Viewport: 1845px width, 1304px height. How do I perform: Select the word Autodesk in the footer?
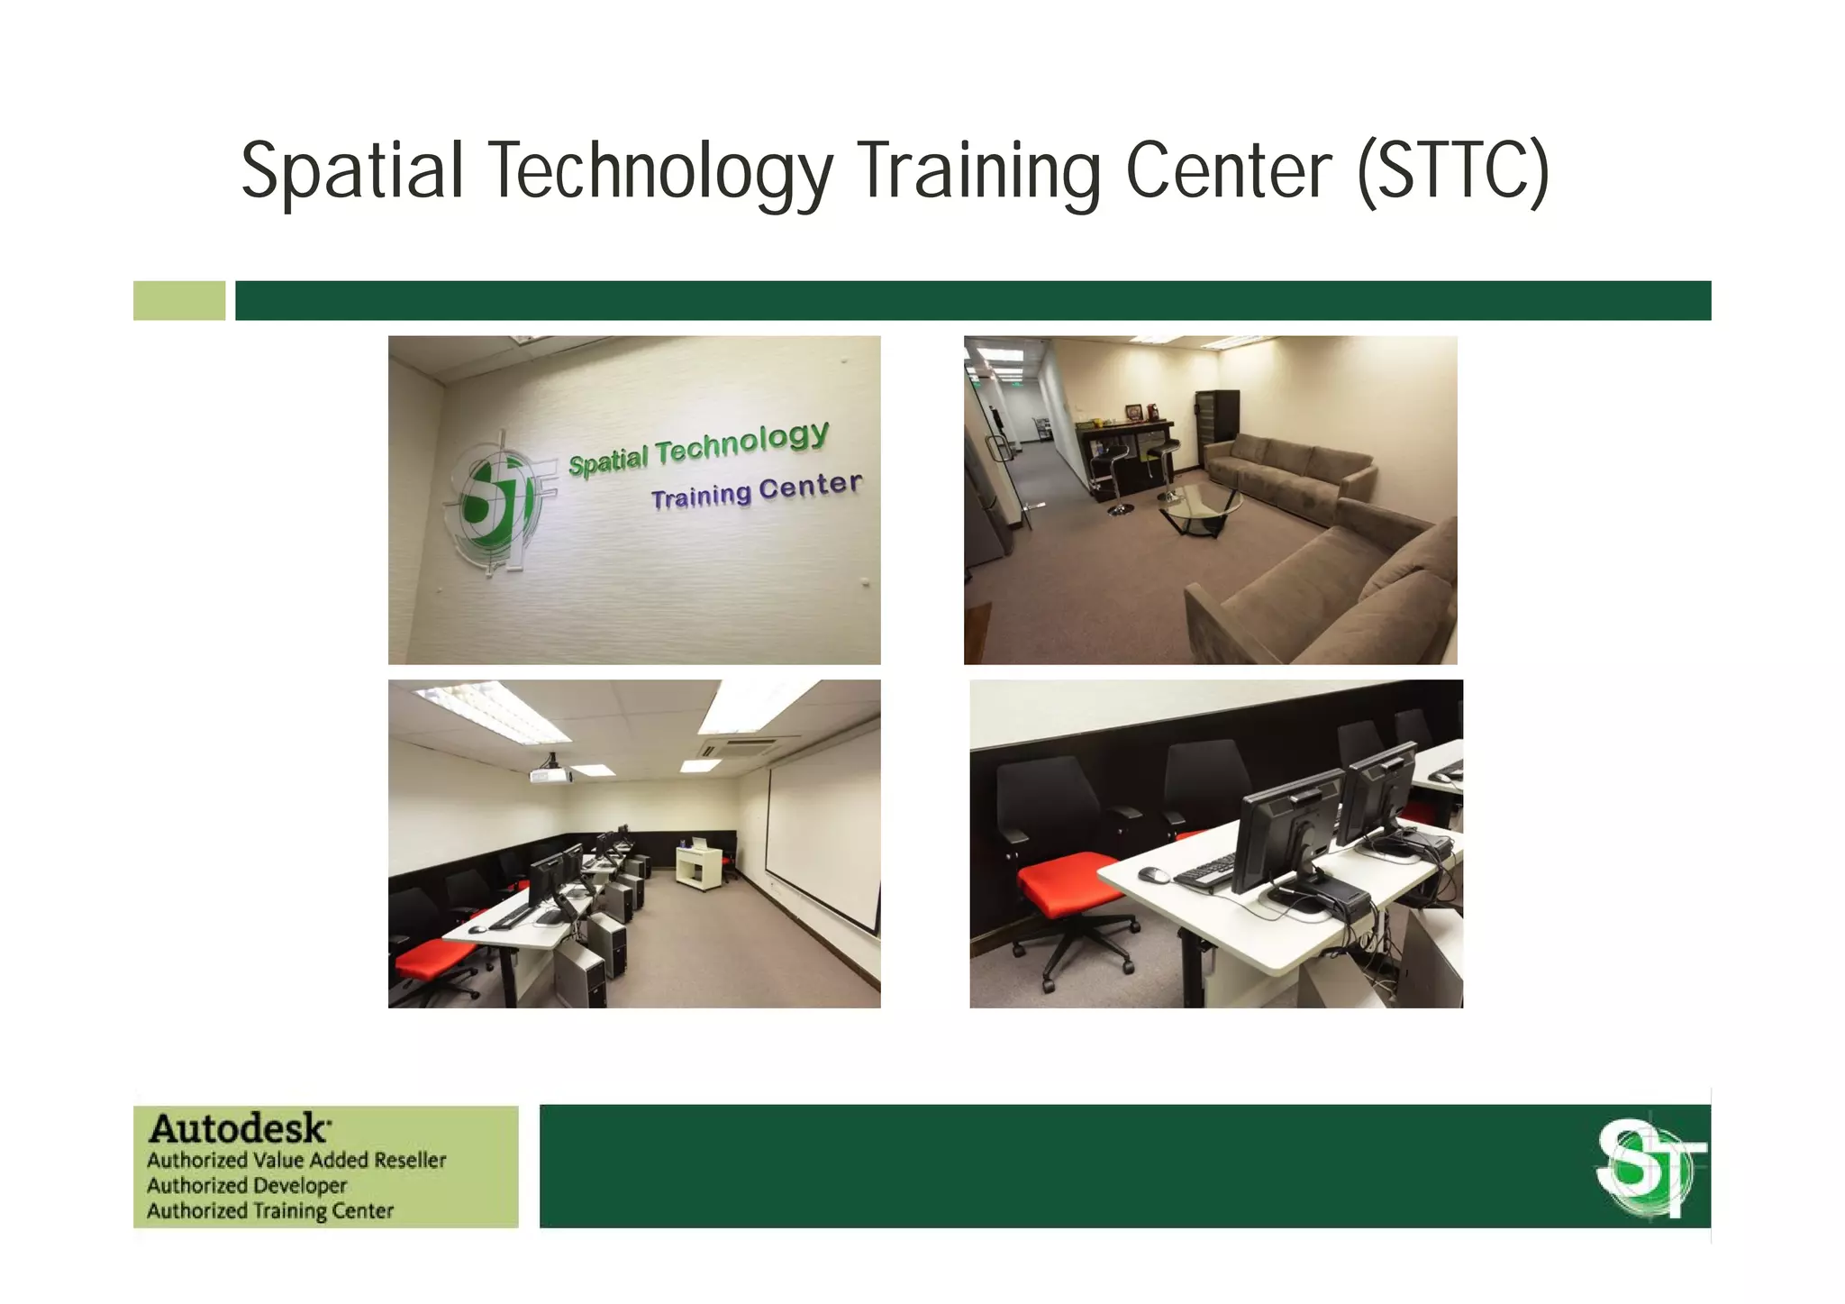(239, 1128)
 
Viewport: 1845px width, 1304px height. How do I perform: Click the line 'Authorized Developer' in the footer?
(247, 1185)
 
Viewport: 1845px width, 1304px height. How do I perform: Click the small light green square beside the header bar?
(179, 300)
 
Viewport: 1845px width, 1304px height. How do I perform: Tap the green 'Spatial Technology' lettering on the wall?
(698, 448)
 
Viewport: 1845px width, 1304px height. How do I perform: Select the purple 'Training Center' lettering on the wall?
(756, 490)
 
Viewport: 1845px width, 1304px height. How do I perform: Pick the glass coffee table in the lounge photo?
(1200, 506)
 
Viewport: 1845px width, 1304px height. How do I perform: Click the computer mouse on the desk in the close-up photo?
(1152, 874)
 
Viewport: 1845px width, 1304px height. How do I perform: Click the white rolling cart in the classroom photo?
(698, 866)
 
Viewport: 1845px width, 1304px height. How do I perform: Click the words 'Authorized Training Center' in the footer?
(270, 1210)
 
